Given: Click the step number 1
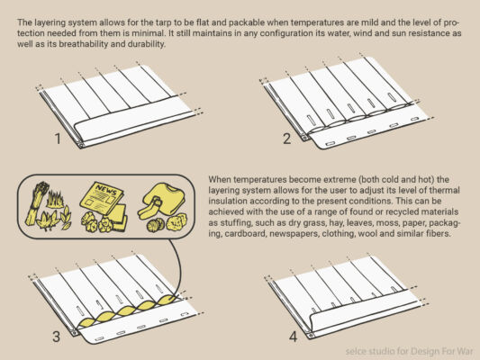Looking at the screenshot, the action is [x=58, y=139].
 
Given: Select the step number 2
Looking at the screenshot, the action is [x=287, y=139].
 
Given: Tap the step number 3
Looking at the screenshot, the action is [x=57, y=337].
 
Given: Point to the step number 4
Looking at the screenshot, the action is [x=293, y=337].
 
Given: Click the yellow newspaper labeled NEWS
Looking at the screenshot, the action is [x=102, y=197].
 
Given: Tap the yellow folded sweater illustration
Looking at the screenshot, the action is [x=165, y=197].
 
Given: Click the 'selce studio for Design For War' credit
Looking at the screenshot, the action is [x=409, y=351].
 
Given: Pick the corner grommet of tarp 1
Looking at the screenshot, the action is [x=81, y=144].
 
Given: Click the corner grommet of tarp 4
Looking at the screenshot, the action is [x=311, y=336].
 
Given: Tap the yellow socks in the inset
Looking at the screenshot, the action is [x=150, y=209].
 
